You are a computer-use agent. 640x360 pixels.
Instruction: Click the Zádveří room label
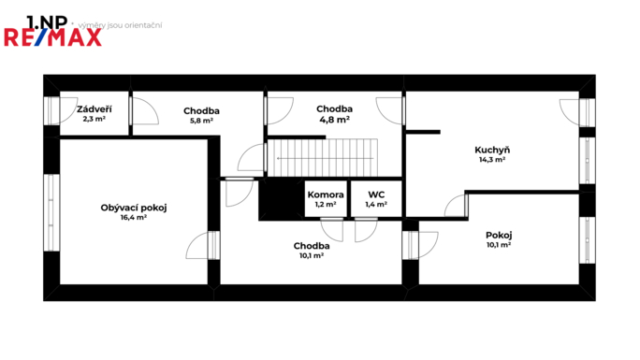click(95, 109)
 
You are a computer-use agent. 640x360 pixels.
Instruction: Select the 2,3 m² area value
click(95, 120)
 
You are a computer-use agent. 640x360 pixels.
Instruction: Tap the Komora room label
click(326, 194)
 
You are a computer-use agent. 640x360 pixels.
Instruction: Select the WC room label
click(377, 194)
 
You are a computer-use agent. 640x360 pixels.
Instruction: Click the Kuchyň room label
click(491, 150)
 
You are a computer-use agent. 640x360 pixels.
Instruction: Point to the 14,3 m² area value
click(491, 160)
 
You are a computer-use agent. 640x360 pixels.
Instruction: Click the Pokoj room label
click(499, 235)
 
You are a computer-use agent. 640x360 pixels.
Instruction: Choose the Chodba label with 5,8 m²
click(201, 110)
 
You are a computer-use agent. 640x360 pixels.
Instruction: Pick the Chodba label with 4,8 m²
click(333, 108)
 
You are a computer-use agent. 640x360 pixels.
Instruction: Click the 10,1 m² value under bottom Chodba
click(312, 255)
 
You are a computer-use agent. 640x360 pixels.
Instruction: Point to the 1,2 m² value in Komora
click(326, 204)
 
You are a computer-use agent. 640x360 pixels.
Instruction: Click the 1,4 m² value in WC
click(377, 204)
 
